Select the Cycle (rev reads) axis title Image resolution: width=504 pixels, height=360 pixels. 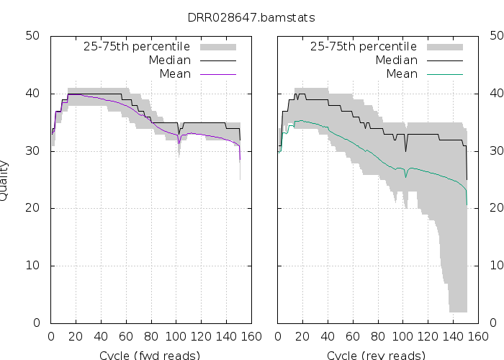point(376,355)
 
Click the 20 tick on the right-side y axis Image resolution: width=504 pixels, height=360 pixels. point(496,208)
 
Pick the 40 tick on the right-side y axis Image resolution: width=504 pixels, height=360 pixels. point(496,94)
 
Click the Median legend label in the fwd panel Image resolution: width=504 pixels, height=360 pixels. point(170,60)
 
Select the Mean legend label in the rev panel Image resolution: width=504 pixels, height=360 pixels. point(402,74)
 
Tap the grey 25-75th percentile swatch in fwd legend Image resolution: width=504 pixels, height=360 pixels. point(216,47)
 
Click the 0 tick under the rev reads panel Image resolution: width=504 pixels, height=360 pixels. point(278,336)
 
